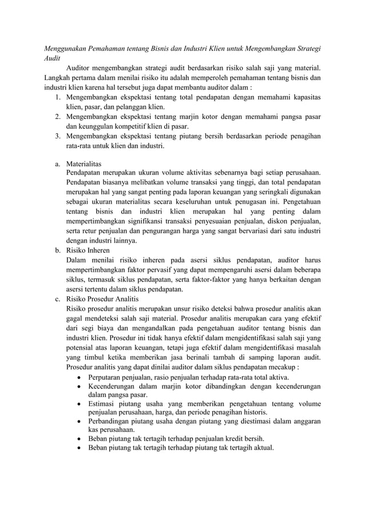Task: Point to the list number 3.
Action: point(58,136)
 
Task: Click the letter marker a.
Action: point(58,164)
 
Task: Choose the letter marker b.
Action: point(58,251)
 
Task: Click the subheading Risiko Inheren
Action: point(90,251)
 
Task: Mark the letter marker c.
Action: point(58,299)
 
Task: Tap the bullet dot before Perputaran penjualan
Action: point(78,377)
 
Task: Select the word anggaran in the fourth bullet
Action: point(305,421)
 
